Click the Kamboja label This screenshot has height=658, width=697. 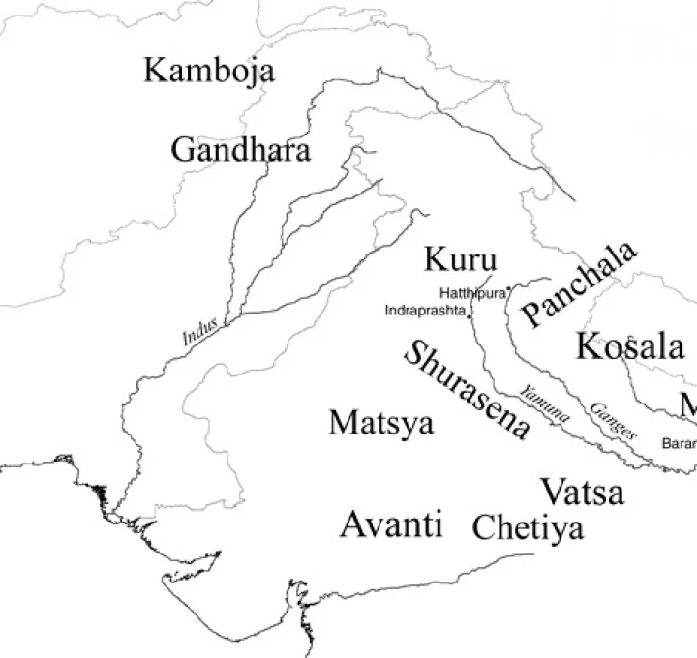(x=209, y=71)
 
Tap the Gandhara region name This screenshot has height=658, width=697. (x=241, y=150)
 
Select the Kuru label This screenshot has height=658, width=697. (x=461, y=260)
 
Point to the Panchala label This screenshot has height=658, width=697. (x=578, y=283)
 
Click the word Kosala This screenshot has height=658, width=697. (x=630, y=346)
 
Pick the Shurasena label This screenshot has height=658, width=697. (x=468, y=391)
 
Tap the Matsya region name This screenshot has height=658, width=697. (x=381, y=423)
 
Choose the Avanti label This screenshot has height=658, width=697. (x=391, y=524)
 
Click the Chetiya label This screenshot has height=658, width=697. (x=528, y=528)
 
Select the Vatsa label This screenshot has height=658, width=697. (x=582, y=492)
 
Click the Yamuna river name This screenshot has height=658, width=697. (x=545, y=404)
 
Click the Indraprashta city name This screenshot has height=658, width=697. (x=425, y=311)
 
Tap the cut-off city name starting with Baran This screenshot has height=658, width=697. (x=679, y=444)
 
